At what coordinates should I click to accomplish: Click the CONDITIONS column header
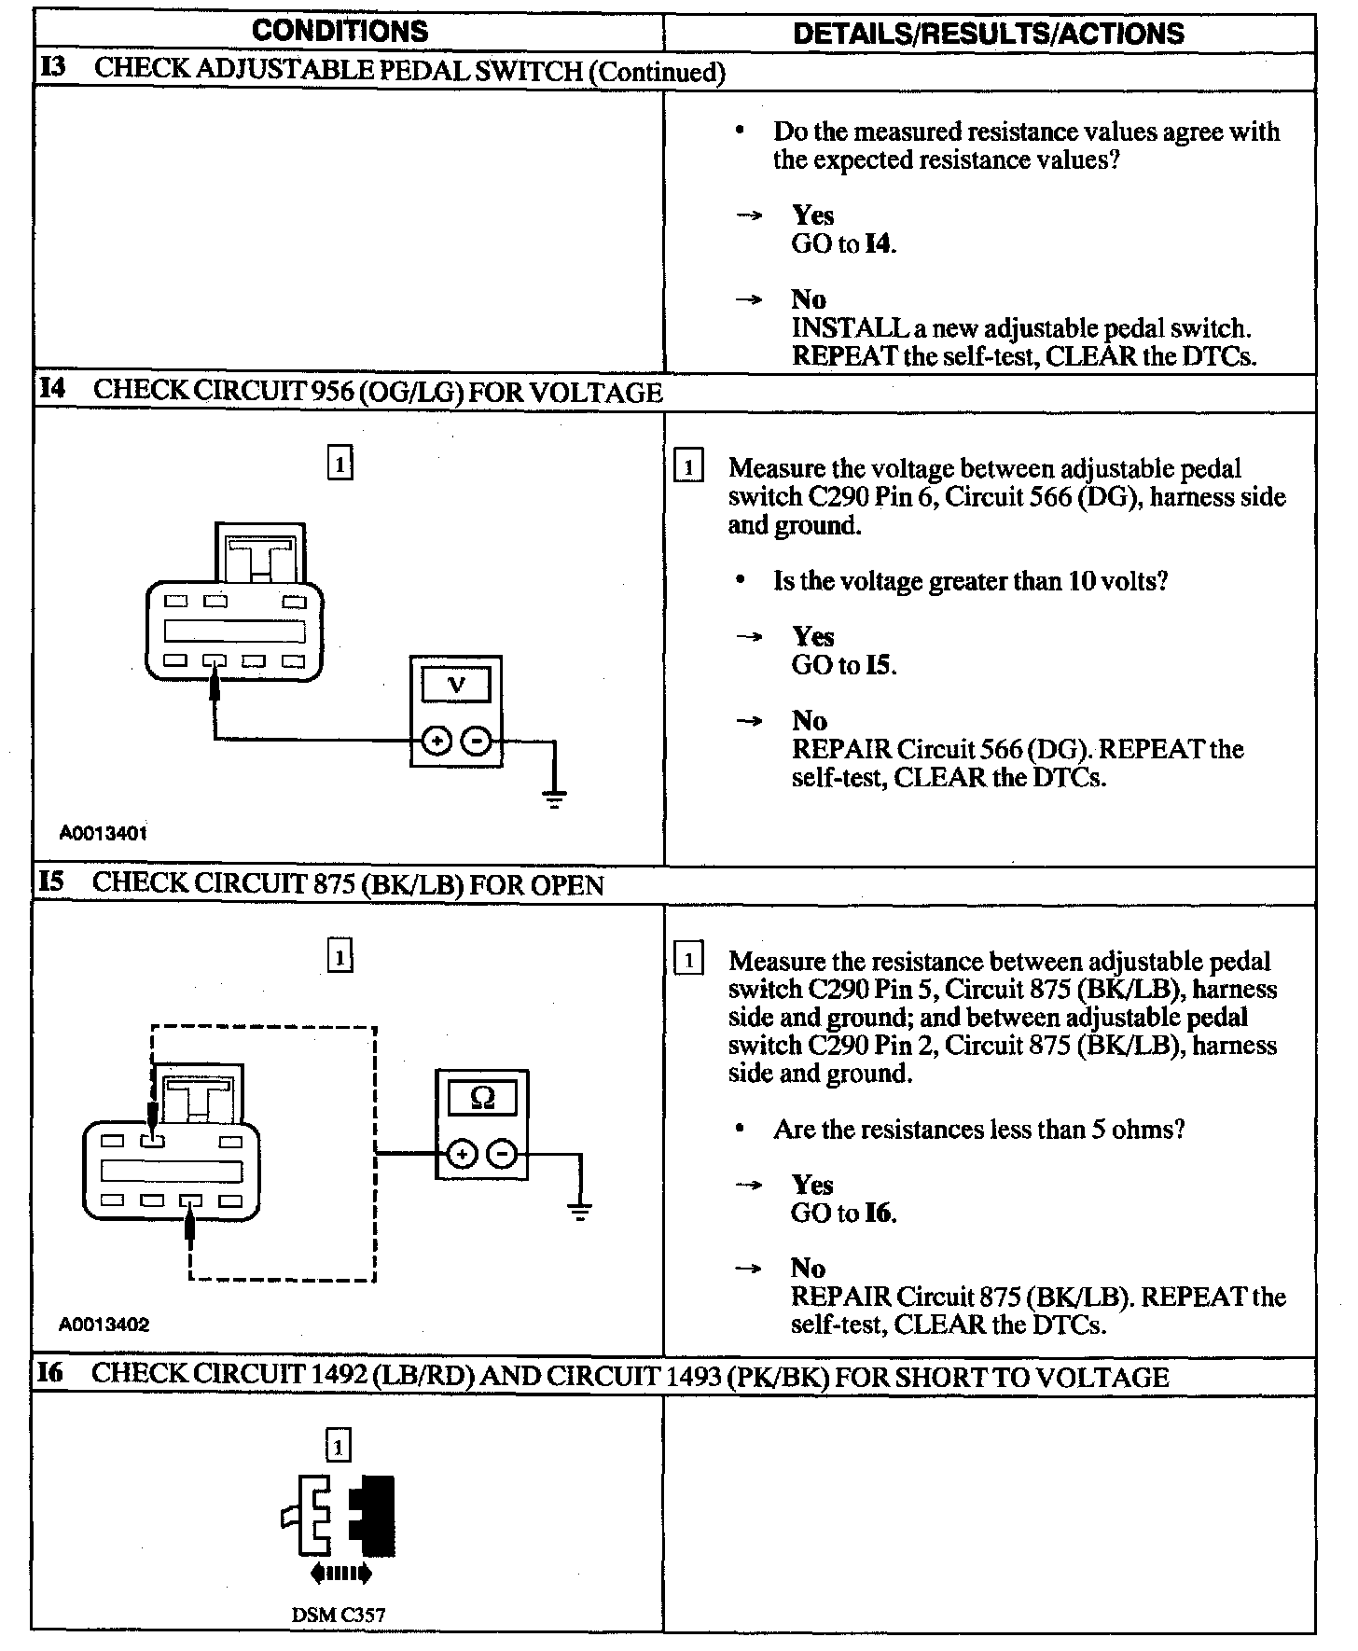click(x=339, y=31)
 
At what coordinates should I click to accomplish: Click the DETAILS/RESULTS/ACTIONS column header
click(x=988, y=34)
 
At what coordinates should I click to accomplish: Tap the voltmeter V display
click(x=456, y=686)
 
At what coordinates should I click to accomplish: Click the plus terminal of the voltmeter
click(x=436, y=742)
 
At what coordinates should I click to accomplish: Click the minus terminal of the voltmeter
click(x=477, y=742)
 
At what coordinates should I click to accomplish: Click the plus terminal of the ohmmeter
click(x=462, y=1155)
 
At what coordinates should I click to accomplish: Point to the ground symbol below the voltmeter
click(x=555, y=798)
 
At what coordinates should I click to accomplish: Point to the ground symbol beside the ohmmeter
click(x=580, y=1213)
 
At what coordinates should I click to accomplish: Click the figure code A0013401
click(x=104, y=833)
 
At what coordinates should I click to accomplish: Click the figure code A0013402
click(x=104, y=1325)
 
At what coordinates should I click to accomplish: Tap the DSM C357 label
click(x=338, y=1615)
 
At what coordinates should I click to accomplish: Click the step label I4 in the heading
click(x=52, y=389)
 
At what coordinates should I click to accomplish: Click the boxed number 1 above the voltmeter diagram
click(x=340, y=463)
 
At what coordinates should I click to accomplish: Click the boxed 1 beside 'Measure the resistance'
click(x=688, y=959)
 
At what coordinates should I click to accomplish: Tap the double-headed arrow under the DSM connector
click(x=340, y=1575)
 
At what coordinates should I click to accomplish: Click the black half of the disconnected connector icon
click(x=375, y=1514)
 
